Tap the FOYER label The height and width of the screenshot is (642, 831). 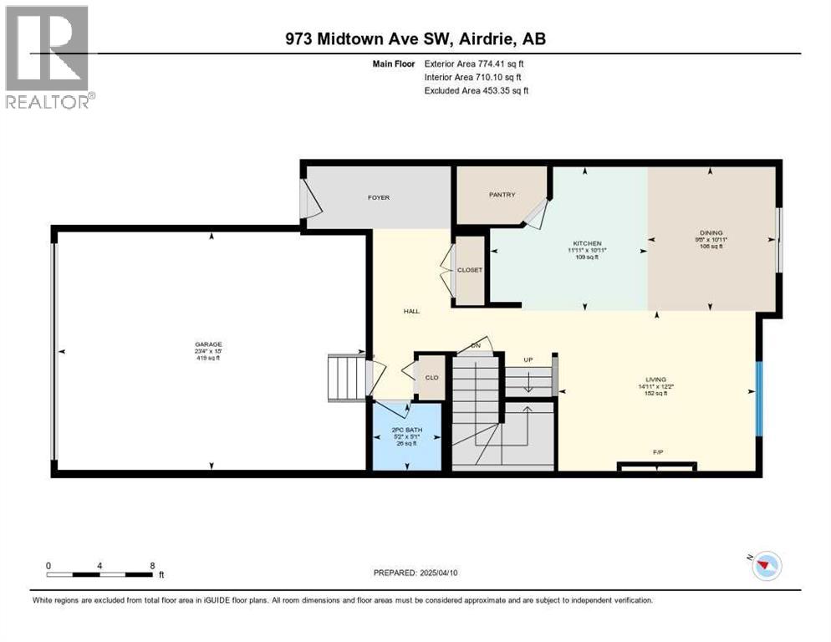379,197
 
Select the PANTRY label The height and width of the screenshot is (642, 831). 502,195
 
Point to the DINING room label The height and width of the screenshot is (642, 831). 711,233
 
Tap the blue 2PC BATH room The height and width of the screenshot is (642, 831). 405,437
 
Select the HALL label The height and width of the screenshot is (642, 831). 410,311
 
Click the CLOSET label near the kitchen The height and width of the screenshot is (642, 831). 469,270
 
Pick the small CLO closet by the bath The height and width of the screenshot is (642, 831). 431,377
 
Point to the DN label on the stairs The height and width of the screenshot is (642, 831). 477,344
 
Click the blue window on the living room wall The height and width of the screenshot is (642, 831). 759,399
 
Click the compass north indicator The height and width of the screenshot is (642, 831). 763,566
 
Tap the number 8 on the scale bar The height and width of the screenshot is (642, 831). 152,566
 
